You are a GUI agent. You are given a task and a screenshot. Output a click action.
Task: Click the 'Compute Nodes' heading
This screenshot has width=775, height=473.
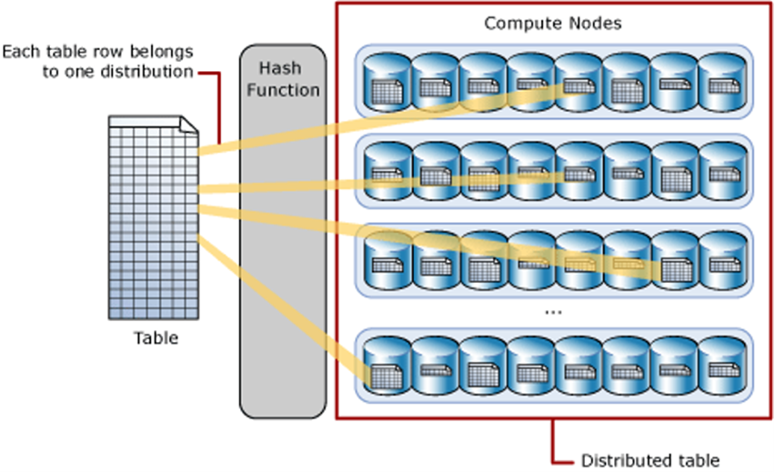pos(552,23)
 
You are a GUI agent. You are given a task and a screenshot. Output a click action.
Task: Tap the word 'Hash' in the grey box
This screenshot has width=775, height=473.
pos(280,68)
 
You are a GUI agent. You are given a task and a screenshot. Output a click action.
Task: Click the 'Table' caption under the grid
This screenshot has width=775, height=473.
pos(156,339)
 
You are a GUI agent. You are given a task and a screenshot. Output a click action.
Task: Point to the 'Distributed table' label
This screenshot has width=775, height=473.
pos(638,458)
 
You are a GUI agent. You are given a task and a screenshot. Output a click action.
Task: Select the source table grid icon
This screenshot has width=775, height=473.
pos(153,218)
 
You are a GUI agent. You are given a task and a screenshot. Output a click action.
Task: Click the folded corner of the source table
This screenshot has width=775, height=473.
pos(188,125)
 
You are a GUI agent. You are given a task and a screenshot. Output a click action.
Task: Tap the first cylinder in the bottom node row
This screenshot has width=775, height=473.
pos(387,367)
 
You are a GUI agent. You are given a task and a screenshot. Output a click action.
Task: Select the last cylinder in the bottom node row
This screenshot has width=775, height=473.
pos(720,367)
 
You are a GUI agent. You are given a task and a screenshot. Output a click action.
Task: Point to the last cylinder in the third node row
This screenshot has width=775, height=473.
pos(720,260)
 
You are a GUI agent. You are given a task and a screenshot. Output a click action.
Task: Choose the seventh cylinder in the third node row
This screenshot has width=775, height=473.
pos(673,260)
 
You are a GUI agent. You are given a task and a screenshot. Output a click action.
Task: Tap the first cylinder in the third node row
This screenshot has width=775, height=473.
pos(387,260)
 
